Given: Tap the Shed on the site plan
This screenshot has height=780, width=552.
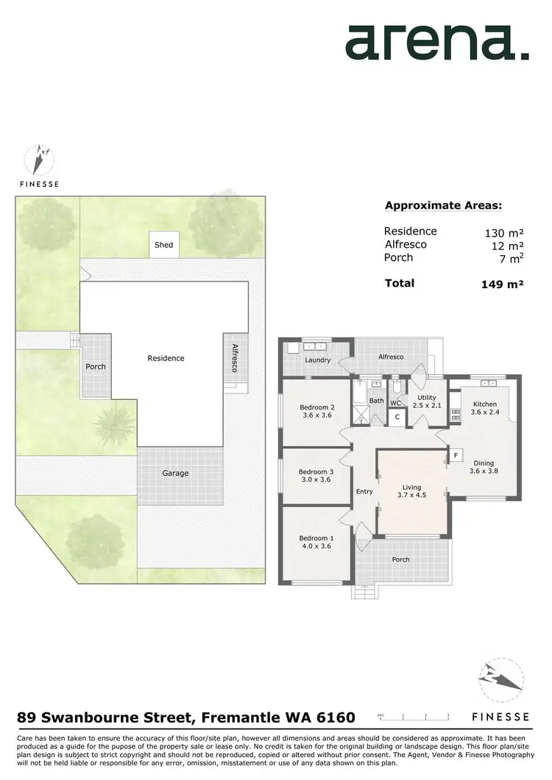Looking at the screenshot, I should pyautogui.click(x=163, y=245).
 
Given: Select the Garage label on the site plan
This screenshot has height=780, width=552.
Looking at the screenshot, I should pyautogui.click(x=175, y=473).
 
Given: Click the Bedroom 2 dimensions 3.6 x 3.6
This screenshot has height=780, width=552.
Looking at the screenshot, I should pyautogui.click(x=317, y=415).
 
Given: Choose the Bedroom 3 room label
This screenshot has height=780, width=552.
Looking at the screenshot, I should pyautogui.click(x=316, y=472).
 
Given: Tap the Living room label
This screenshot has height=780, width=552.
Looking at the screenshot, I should pyautogui.click(x=411, y=487).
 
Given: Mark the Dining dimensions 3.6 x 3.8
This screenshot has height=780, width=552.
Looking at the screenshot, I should pyautogui.click(x=484, y=471).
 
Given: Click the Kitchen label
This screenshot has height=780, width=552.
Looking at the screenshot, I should pyautogui.click(x=485, y=404).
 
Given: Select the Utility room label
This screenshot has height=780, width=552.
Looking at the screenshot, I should pyautogui.click(x=427, y=397).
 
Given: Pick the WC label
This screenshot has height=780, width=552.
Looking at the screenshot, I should pyautogui.click(x=395, y=403).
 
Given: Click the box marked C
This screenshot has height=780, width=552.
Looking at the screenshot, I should pyautogui.click(x=397, y=417).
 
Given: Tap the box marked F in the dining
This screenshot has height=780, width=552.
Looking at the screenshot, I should pyautogui.click(x=456, y=456).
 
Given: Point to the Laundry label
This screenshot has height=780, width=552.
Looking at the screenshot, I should pyautogui.click(x=318, y=360).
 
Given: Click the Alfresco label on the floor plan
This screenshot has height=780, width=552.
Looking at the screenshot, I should pyautogui.click(x=391, y=357).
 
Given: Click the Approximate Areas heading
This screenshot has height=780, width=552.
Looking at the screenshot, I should pyautogui.click(x=443, y=207).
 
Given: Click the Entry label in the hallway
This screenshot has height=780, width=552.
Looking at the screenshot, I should pyautogui.click(x=364, y=492).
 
